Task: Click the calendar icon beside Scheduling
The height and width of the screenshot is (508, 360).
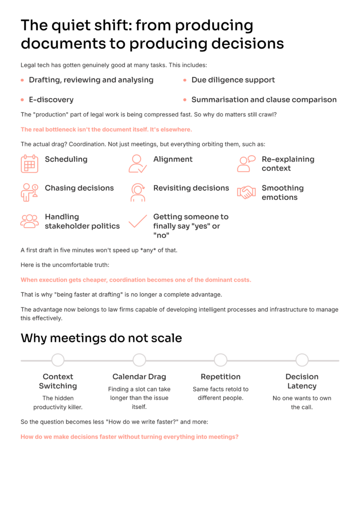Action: [29, 164]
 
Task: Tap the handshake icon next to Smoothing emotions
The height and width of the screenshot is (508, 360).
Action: [246, 192]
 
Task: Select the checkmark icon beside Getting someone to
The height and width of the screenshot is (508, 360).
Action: [138, 221]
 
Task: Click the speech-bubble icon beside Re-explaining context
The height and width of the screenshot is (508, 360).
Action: [246, 164]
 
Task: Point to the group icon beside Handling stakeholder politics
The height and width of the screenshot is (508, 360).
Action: [29, 221]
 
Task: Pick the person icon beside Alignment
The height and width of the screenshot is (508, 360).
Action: [138, 164]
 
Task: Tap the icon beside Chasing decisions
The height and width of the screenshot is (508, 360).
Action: [29, 192]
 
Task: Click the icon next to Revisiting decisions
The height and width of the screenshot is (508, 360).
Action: [138, 192]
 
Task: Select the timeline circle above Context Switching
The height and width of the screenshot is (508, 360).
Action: [58, 360]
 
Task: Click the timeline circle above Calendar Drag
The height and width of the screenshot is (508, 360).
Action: [140, 360]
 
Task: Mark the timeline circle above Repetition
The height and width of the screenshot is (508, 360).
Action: [220, 360]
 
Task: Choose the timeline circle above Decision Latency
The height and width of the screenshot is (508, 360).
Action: [302, 360]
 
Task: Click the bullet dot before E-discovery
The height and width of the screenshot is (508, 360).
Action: [22, 100]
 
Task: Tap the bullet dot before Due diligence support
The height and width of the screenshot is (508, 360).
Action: [185, 80]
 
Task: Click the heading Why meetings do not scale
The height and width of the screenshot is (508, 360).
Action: [101, 338]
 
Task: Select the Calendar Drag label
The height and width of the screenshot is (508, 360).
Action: [140, 377]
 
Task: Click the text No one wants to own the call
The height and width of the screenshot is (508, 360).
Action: [302, 402]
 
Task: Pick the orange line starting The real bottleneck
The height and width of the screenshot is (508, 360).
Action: [106, 129]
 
